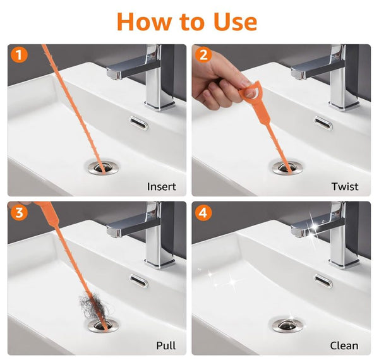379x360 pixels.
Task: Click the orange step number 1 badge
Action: click(19, 54)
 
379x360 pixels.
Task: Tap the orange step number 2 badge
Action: click(203, 54)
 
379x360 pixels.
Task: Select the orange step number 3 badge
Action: click(19, 212)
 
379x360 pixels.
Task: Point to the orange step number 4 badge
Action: click(203, 212)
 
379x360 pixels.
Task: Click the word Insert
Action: click(162, 187)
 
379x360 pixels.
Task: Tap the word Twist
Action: click(345, 187)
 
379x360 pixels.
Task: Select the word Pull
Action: click(165, 345)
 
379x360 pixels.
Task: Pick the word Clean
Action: click(344, 345)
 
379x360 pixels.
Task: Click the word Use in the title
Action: click(235, 22)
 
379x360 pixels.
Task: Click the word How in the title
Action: click(144, 22)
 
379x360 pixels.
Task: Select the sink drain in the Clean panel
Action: click(287, 325)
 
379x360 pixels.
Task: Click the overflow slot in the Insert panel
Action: click(139, 123)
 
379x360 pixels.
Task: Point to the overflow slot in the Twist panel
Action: click(323, 123)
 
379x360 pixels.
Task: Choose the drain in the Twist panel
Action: click(287, 167)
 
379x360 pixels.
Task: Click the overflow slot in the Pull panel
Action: click(139, 281)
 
